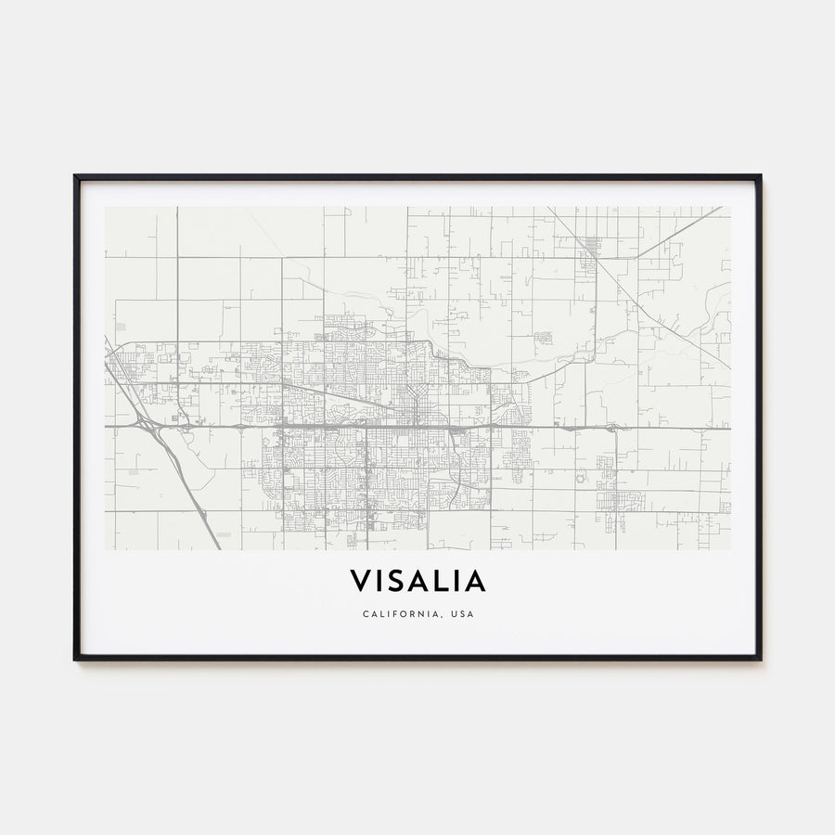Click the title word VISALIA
[417, 582]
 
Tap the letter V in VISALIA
[359, 582]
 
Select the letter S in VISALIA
[397, 582]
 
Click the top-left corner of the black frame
[75, 176]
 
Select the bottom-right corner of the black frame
[760, 659]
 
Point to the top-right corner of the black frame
[760, 176]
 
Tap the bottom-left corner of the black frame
[75, 659]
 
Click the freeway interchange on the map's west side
[148, 425]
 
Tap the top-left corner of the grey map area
[106, 208]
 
